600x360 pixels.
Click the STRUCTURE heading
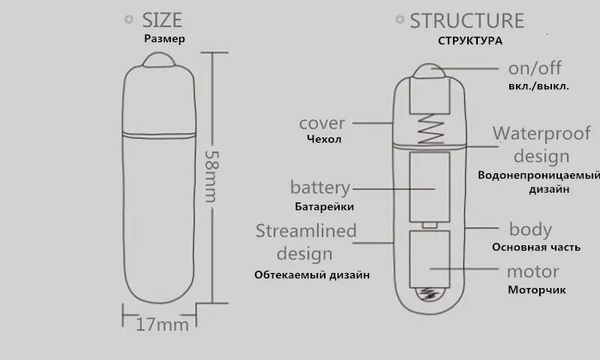(466, 20)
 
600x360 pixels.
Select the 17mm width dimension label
(162, 325)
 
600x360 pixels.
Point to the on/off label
(535, 68)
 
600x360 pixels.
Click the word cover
(322, 123)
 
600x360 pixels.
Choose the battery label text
(320, 187)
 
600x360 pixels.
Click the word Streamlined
(305, 230)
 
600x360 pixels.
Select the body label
(530, 229)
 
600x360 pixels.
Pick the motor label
(532, 271)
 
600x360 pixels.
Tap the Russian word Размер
(163, 39)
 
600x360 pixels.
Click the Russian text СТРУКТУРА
(470, 40)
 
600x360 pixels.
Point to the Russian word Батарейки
(322, 206)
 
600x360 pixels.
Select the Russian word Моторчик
(536, 290)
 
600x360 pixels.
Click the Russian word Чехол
(324, 139)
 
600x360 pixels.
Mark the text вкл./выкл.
(538, 86)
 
